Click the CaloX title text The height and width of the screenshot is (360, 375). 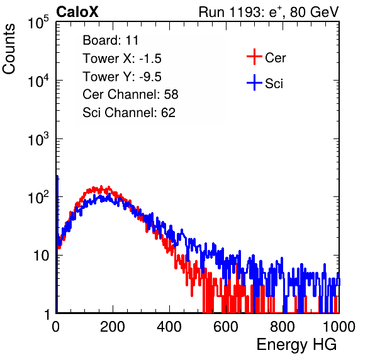pyautogui.click(x=77, y=12)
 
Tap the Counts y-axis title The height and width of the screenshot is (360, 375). pyautogui.click(x=9, y=49)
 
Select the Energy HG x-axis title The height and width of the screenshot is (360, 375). pyautogui.click(x=296, y=344)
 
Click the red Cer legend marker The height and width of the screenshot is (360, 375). pyautogui.click(x=254, y=57)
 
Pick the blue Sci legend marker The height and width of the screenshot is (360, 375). pyautogui.click(x=254, y=82)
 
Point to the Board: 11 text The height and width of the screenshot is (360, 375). pyautogui.click(x=111, y=40)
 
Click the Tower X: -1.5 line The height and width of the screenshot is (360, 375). pyautogui.click(x=122, y=59)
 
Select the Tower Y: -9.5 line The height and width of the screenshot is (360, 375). pyautogui.click(x=122, y=77)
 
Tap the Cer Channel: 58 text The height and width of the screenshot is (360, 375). pyautogui.click(x=130, y=94)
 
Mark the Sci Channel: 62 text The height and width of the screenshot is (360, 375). pyautogui.click(x=129, y=113)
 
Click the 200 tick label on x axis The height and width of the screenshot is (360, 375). pyautogui.click(x=113, y=327)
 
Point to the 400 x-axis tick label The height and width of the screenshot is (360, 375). pyautogui.click(x=169, y=327)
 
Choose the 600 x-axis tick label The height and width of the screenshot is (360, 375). pyautogui.click(x=226, y=327)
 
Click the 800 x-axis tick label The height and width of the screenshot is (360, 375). pyautogui.click(x=283, y=327)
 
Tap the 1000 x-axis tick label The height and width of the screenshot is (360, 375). pyautogui.click(x=339, y=327)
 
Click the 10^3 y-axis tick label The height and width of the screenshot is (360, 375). pyautogui.click(x=38, y=139)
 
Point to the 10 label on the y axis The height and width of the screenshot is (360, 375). pyautogui.click(x=42, y=256)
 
